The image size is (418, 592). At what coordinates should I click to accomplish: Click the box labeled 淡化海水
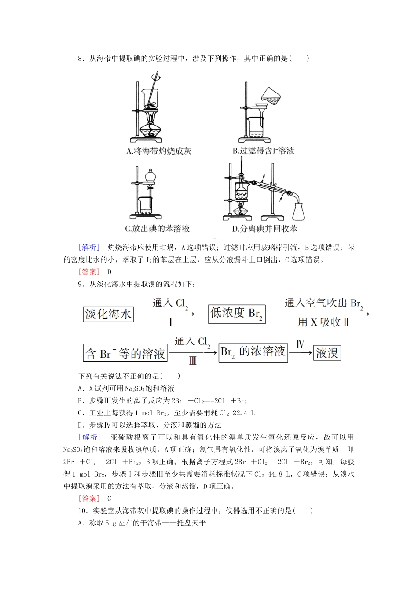[108, 314]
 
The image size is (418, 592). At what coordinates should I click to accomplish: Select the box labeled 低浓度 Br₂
[237, 314]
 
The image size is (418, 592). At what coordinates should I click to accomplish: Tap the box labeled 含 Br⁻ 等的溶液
[125, 353]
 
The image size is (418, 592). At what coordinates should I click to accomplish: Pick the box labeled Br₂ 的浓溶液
[253, 352]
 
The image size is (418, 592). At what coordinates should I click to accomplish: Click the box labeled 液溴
[327, 353]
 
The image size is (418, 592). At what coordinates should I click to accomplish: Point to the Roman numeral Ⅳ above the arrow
[301, 344]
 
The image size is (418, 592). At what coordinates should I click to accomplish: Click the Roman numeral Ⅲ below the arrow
[193, 361]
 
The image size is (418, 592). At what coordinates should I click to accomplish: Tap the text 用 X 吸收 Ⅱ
[324, 322]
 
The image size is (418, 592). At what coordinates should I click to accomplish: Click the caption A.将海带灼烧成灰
[159, 152]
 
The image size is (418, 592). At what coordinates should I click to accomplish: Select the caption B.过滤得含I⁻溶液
[263, 151]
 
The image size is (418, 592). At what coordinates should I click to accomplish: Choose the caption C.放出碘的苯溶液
[158, 229]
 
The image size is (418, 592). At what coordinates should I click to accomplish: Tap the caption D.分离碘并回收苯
[264, 229]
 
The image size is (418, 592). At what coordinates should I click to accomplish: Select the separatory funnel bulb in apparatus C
[150, 176]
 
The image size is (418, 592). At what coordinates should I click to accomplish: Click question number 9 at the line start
[80, 284]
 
